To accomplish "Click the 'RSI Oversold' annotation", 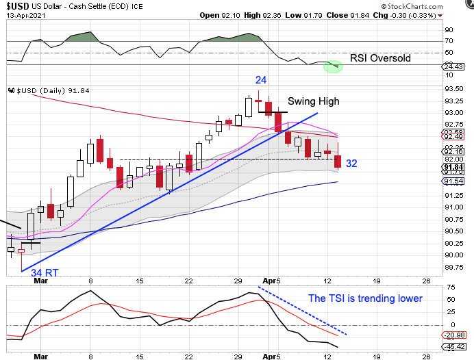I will click(x=380, y=58).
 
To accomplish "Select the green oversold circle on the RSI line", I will click(x=333, y=66).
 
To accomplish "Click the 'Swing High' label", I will click(x=313, y=101).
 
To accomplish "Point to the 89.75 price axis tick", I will click(x=452, y=268).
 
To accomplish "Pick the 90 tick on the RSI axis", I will click(x=449, y=30).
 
